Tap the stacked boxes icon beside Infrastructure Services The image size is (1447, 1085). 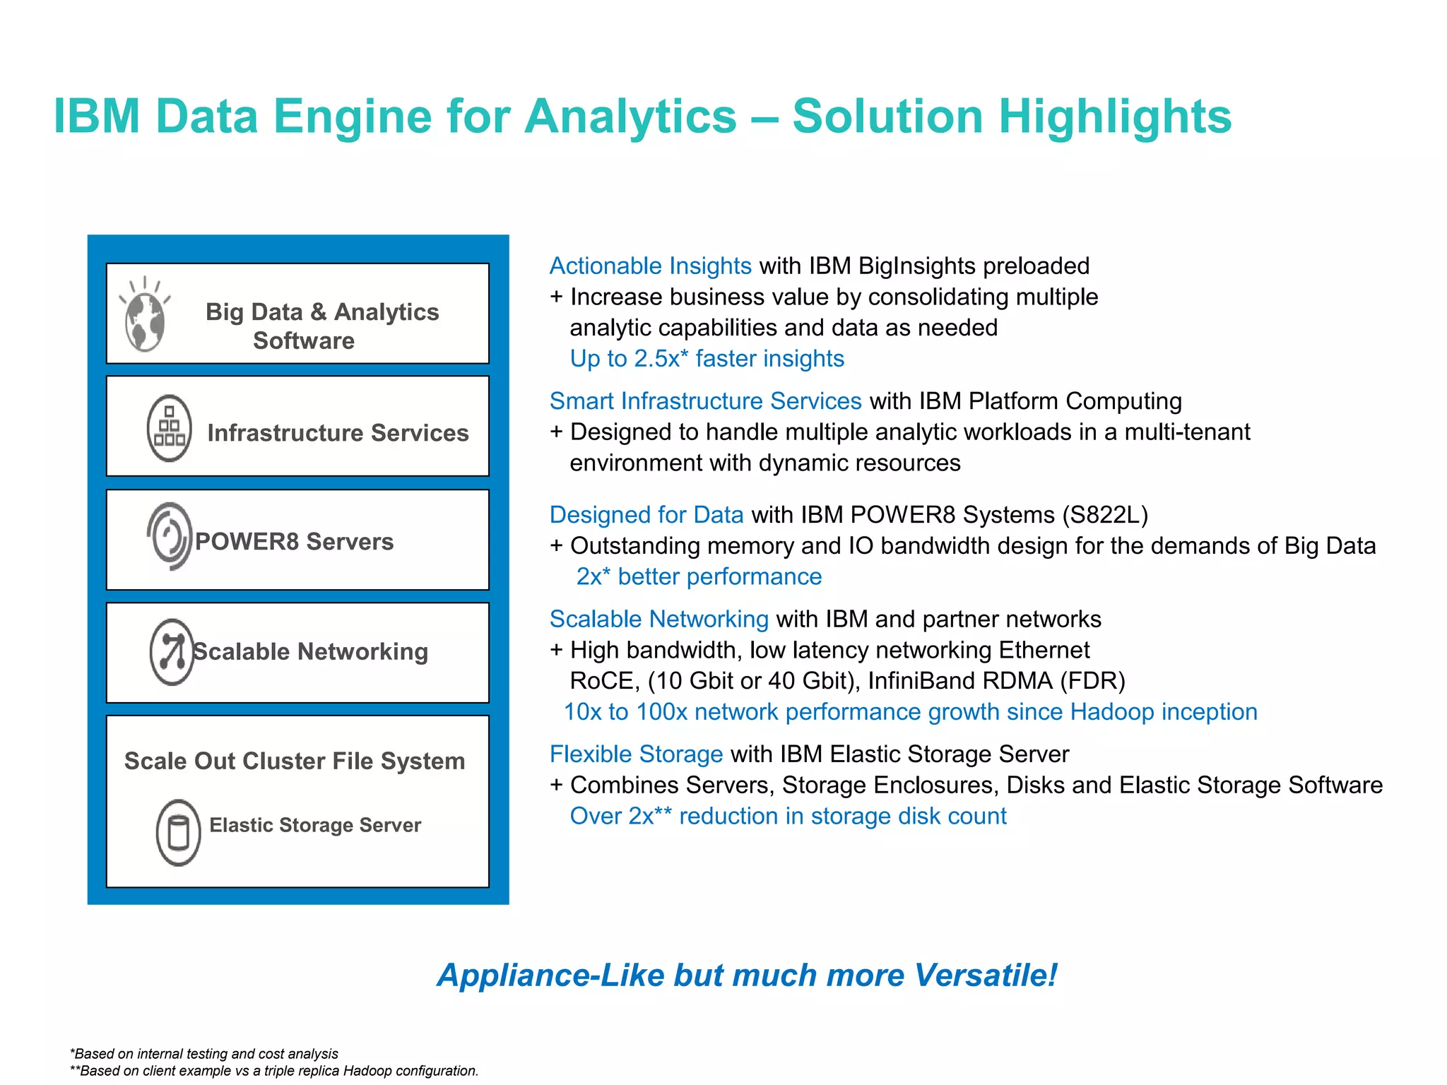point(169,428)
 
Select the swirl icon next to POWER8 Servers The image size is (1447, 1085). point(170,537)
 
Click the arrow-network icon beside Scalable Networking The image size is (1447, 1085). point(172,651)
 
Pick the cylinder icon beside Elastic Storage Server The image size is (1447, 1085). point(178,832)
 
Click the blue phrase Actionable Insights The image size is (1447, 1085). point(650,266)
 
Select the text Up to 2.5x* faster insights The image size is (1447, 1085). point(707,359)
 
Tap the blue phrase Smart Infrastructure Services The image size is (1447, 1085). point(705,401)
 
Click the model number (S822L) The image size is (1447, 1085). point(1105,515)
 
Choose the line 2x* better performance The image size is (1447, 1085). point(699,577)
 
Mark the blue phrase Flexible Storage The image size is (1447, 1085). point(636,754)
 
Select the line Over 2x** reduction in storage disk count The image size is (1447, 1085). point(788,817)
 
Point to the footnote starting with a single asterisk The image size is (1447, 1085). point(204,1054)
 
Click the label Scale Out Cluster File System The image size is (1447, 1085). point(295,761)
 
